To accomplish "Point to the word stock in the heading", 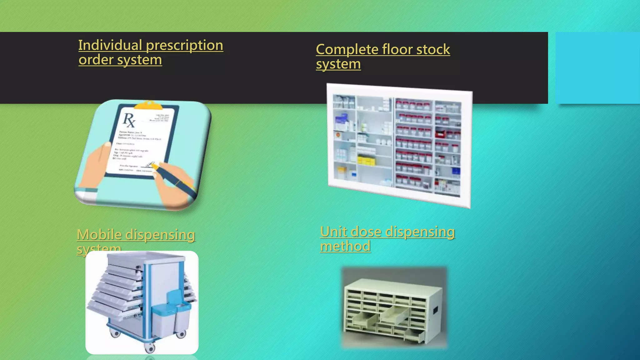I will coord(433,50).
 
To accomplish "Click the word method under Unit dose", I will coord(345,246).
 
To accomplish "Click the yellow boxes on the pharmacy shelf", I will coord(366,161).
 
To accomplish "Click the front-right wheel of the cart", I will coord(180,335).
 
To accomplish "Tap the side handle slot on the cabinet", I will coord(435,310).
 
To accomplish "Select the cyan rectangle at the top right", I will coord(597,68).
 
